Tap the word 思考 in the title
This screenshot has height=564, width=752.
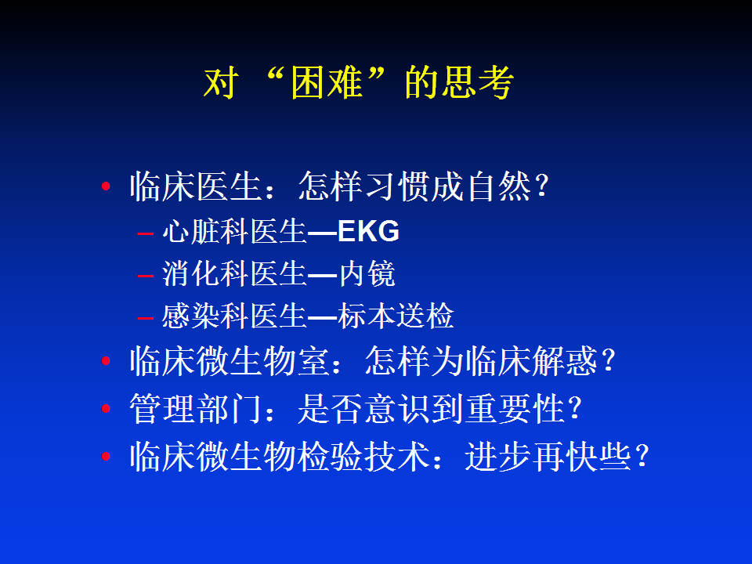pos(477,82)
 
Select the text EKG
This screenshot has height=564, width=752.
pos(368,231)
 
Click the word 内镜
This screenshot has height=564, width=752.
pos(367,274)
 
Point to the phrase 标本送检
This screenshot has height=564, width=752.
pos(396,316)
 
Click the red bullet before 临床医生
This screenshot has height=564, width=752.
pos(106,186)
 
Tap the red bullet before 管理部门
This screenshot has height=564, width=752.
pos(106,409)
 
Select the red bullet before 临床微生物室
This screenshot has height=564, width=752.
pos(106,360)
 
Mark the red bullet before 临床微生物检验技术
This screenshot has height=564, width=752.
pos(106,456)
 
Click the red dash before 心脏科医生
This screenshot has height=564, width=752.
pos(145,233)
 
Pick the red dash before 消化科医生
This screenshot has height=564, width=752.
pos(145,276)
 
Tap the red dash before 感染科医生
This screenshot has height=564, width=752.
pos(145,317)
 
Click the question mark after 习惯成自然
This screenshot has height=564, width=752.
pos(542,186)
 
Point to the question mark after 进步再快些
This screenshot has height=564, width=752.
pos(642,457)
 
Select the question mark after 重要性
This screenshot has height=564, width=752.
pos(575,409)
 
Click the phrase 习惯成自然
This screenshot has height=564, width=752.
pos(448,186)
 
